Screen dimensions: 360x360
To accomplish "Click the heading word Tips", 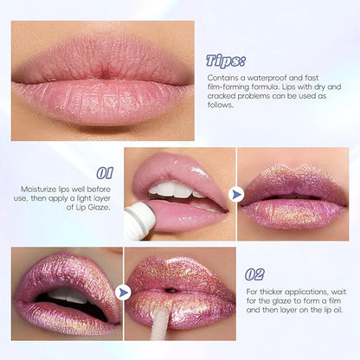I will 225,61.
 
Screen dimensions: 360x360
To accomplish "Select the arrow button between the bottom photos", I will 123,292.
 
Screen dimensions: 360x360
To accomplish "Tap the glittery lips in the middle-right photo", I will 294,201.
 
